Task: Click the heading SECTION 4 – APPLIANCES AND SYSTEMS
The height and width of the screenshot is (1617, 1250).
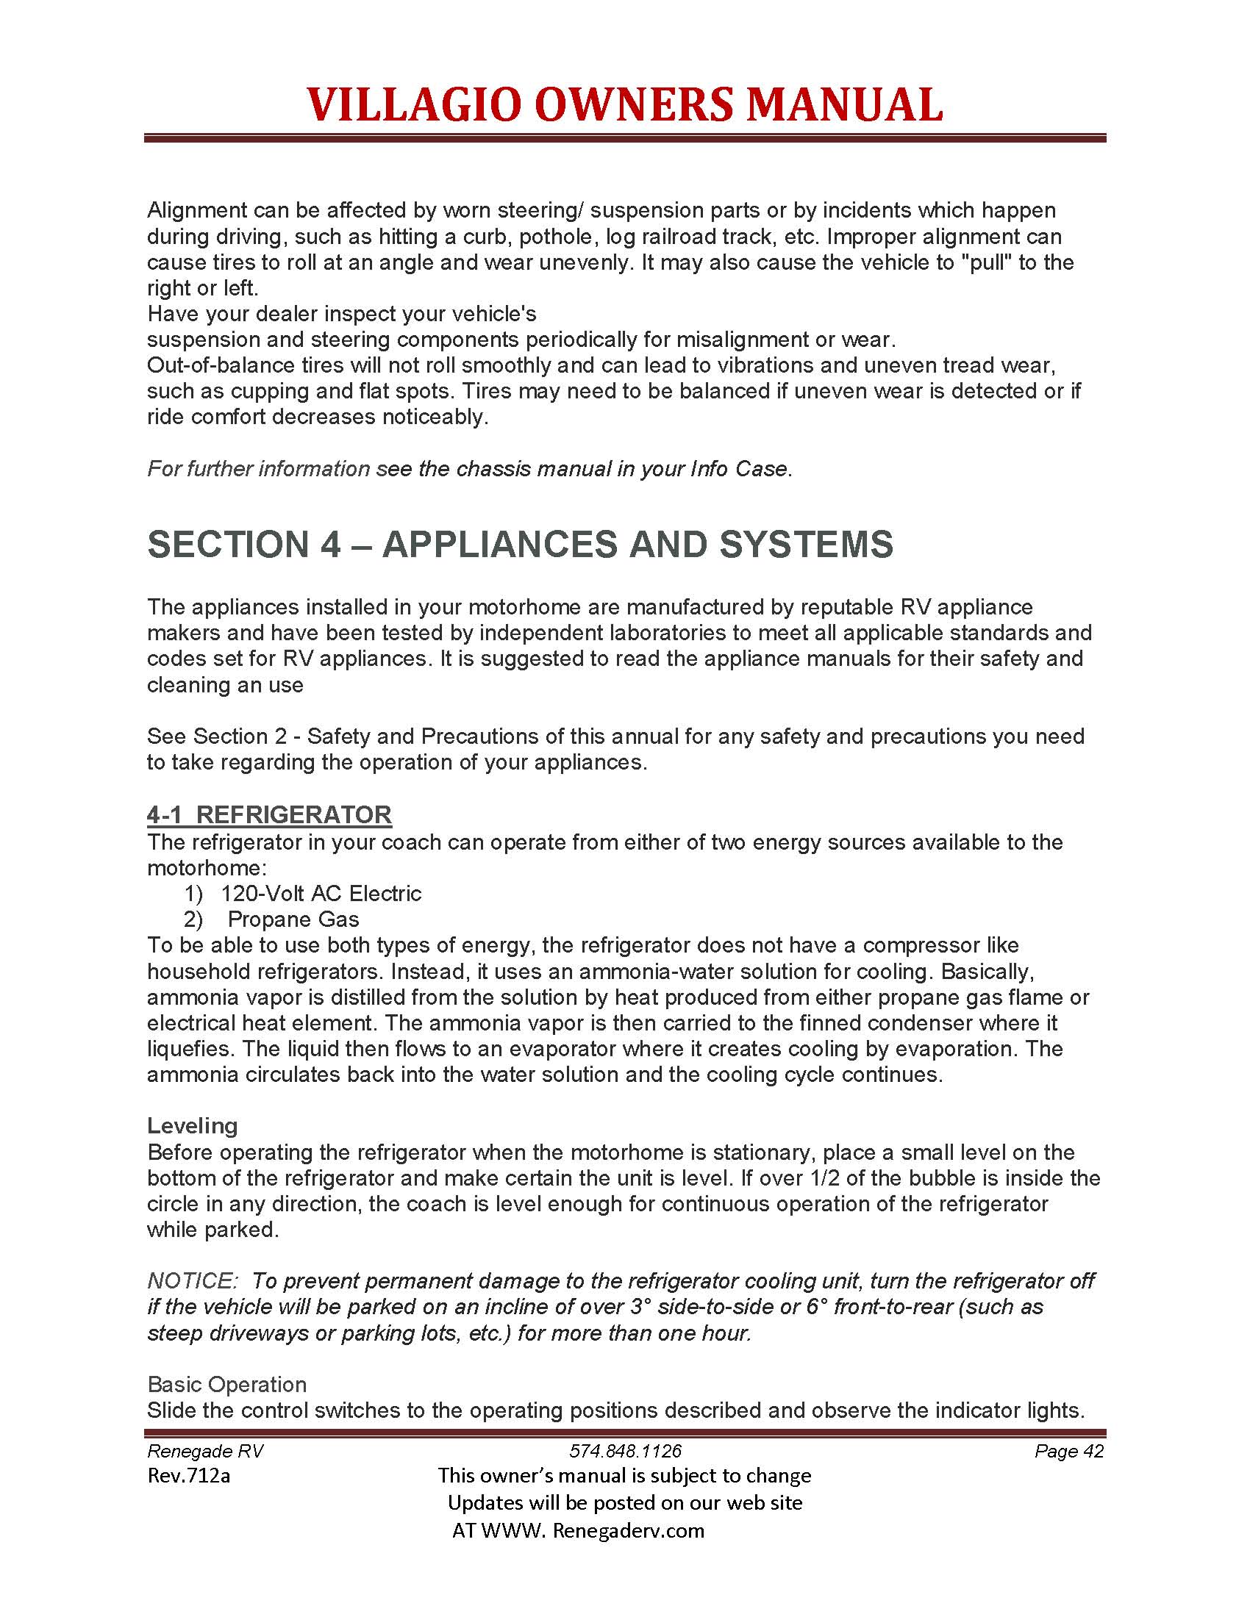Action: (520, 544)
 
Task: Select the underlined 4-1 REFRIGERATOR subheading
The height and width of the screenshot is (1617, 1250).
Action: (269, 814)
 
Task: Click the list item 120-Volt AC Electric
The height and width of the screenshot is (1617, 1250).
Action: (321, 894)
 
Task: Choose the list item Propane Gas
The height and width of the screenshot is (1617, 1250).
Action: (293, 919)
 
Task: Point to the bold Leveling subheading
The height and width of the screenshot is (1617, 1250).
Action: (193, 1126)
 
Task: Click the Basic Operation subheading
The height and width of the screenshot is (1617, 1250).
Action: (226, 1385)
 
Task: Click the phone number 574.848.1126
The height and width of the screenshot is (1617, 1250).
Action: (625, 1451)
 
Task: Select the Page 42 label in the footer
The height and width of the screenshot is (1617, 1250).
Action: (1068, 1451)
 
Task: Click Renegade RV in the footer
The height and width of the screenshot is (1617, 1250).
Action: (205, 1451)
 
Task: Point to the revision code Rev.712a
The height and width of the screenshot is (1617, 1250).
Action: (189, 1476)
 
